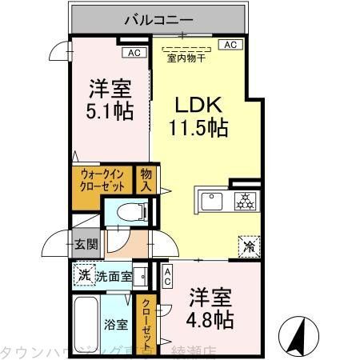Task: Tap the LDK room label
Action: pyautogui.click(x=198, y=106)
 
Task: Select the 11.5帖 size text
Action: pyautogui.click(x=198, y=126)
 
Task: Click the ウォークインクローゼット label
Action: pyautogui.click(x=102, y=181)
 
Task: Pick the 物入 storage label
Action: pyautogui.click(x=146, y=180)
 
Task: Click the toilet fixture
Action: pyautogui.click(x=128, y=211)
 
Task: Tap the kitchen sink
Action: pyautogui.click(x=213, y=201)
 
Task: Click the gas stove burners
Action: pyautogui.click(x=242, y=201)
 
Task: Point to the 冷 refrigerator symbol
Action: pyautogui.click(x=249, y=246)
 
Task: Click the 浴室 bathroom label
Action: pyautogui.click(x=116, y=324)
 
